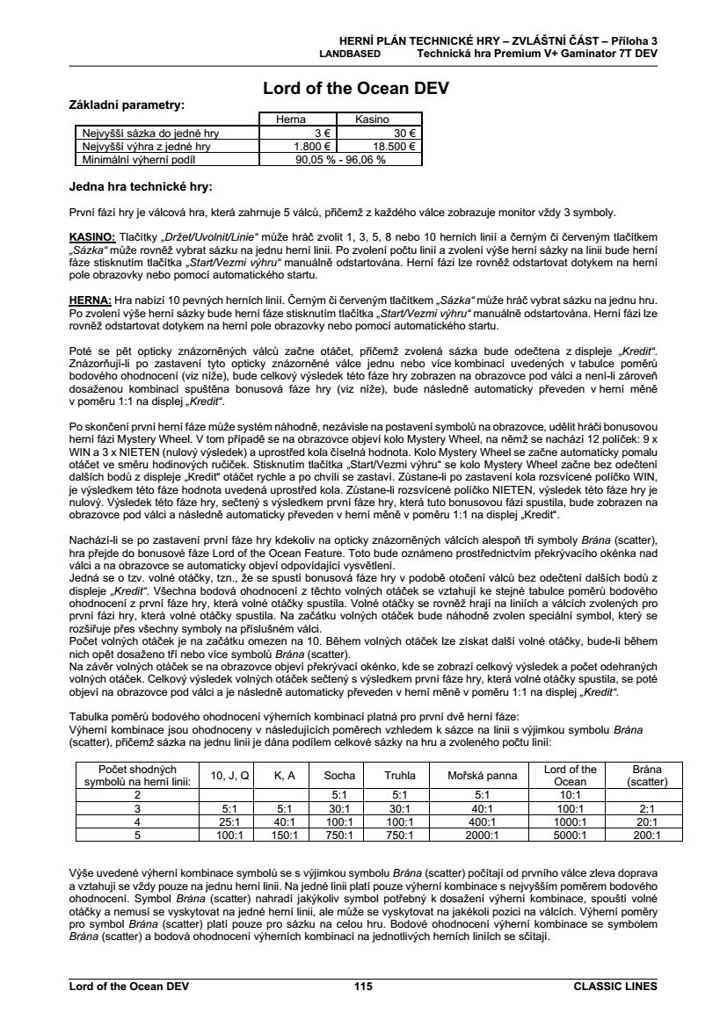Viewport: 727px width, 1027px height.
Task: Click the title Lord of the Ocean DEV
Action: coord(363,89)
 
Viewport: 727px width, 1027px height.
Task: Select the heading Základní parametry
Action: coord(127,105)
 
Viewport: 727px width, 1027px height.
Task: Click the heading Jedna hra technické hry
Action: coord(140,186)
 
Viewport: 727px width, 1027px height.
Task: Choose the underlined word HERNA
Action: coord(90,299)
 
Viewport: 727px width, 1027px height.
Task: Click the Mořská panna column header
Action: coord(482,776)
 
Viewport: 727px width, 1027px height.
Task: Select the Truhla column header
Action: coord(400,776)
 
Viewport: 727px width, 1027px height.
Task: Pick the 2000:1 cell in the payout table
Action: coord(482,835)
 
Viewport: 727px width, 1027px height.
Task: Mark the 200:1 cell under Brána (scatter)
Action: coord(647,835)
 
